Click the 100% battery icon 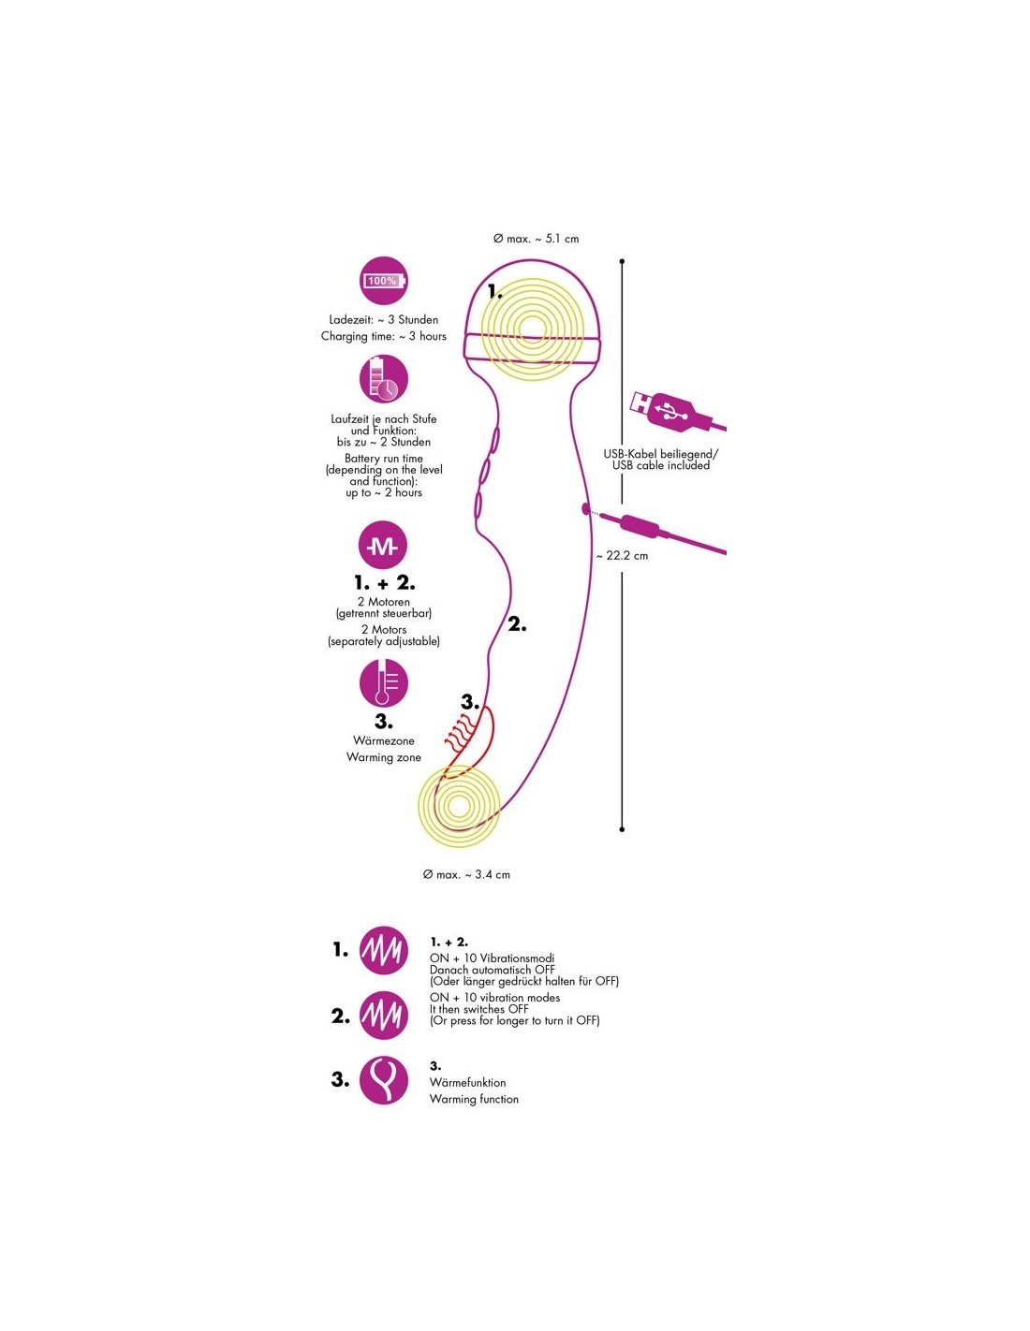(x=383, y=280)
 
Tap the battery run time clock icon (x=383, y=378)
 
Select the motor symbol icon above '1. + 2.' (x=383, y=546)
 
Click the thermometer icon (x=383, y=683)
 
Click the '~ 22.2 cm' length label (x=622, y=555)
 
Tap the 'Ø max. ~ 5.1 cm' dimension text (x=536, y=239)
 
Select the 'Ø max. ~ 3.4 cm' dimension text (x=466, y=874)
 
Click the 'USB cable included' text (x=661, y=465)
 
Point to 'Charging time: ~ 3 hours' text (x=383, y=336)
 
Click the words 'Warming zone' (x=383, y=757)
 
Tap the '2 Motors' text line (x=383, y=630)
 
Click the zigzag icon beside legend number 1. (x=383, y=950)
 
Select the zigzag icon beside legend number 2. (x=383, y=1015)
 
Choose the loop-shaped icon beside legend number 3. (x=383, y=1079)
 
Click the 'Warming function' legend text (x=474, y=1099)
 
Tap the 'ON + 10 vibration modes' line (x=494, y=998)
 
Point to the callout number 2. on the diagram (x=517, y=624)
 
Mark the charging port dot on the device (x=586, y=510)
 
